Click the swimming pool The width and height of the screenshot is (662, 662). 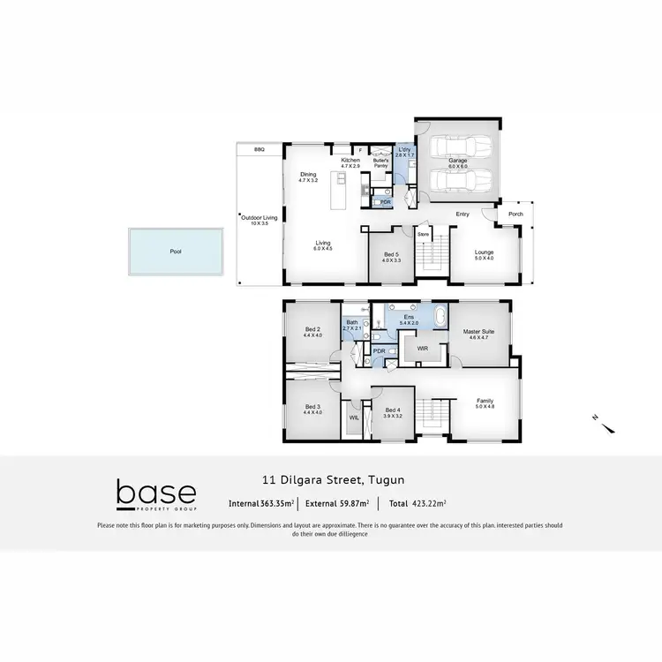coord(177,252)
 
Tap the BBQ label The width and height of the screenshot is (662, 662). coord(260,150)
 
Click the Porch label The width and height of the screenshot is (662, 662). coord(515,214)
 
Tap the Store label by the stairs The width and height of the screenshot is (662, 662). coord(423,234)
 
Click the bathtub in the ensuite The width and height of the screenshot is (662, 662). coord(439,315)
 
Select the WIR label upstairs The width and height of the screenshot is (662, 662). coord(423,349)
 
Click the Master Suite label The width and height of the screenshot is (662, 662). coord(478,333)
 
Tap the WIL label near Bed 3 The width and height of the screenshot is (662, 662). coord(353,418)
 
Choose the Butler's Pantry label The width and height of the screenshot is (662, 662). coord(381,163)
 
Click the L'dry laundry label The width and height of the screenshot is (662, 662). coord(404,151)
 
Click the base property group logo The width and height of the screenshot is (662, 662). coord(156,496)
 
